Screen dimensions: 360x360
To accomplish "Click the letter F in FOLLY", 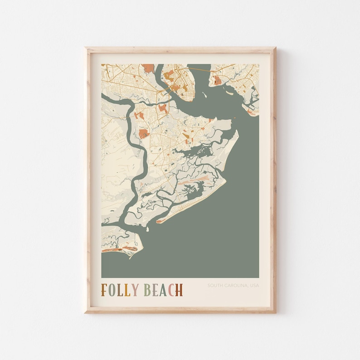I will point(104,290).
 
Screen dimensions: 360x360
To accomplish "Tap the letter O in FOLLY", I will point(113,290).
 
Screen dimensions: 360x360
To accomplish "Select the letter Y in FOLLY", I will point(134,290).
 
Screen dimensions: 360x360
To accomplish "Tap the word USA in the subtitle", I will point(255,285).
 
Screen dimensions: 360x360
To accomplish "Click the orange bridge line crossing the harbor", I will point(199,68).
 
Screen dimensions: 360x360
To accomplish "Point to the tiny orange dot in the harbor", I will point(234,118).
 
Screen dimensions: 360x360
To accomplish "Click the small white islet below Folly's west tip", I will point(147,229).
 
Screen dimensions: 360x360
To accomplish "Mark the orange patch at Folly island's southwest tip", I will point(159,221).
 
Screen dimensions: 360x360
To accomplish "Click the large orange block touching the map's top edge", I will point(148,68).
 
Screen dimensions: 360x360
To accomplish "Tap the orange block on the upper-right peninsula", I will point(218,81).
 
